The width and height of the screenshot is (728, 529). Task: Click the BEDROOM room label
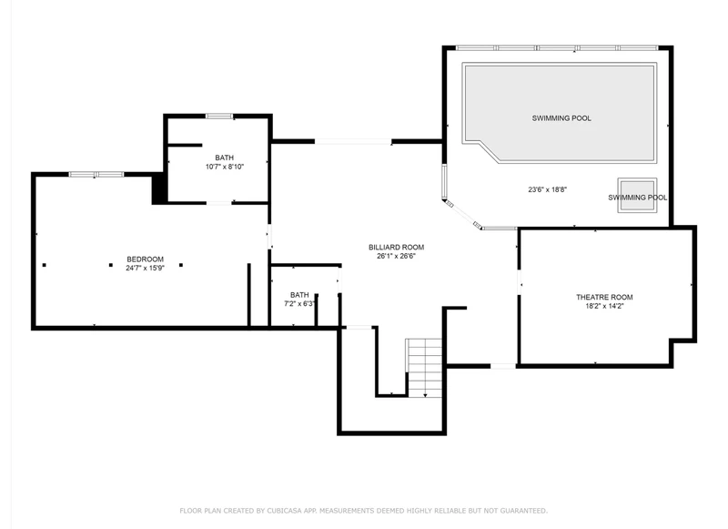(x=145, y=259)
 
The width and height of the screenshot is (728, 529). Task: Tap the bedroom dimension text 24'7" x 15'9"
(x=145, y=268)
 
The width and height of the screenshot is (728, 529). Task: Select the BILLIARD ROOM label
(x=396, y=247)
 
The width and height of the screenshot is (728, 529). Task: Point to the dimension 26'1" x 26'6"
(x=396, y=256)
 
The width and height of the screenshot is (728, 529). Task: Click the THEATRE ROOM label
(x=604, y=297)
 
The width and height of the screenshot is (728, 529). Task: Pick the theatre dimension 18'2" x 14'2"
(x=604, y=306)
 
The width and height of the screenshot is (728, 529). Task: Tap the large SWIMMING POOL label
(x=561, y=118)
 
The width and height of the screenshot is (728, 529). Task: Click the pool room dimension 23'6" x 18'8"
(x=548, y=189)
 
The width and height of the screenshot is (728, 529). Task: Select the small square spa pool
(x=637, y=195)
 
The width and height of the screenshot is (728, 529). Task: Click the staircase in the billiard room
(x=424, y=367)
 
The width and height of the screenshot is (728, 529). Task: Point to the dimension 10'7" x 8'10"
(x=224, y=167)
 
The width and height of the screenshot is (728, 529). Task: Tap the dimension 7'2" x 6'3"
(x=299, y=304)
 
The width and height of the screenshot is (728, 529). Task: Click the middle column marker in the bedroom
(x=111, y=265)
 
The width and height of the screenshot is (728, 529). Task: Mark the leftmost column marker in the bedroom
(x=45, y=265)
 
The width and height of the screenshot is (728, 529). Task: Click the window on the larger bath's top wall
(x=219, y=117)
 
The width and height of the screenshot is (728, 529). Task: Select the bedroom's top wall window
(x=96, y=175)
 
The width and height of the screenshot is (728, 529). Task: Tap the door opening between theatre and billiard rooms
(x=519, y=282)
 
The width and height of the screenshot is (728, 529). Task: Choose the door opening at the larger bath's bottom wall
(x=219, y=202)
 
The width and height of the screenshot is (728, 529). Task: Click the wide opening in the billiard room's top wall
(x=353, y=141)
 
